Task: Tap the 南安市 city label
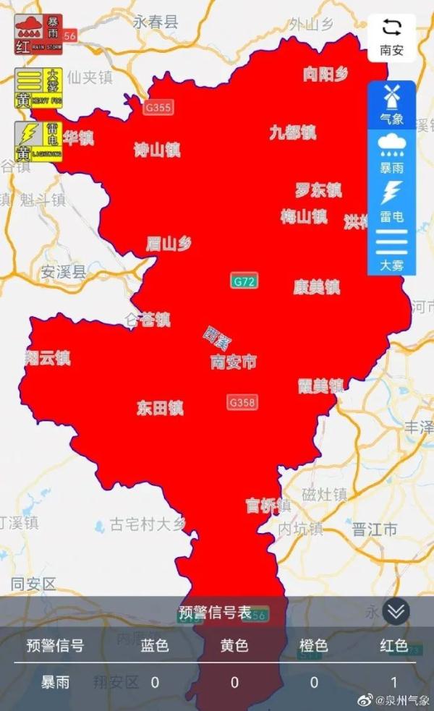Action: pos(233,362)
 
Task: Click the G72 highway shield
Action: pos(244,282)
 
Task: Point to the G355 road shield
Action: pos(158,108)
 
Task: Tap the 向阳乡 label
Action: pos(325,74)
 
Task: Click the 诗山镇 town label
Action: pos(157,150)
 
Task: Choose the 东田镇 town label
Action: pos(160,408)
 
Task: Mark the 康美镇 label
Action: pos(316,287)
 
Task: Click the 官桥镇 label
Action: pos(268,506)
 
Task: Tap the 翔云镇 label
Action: pos(48,357)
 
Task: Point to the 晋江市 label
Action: pos(374,529)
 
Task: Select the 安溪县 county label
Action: pos(64,272)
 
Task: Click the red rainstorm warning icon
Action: pos(39,34)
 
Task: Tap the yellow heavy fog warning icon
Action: pos(39,89)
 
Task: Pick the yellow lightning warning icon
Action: pos(39,141)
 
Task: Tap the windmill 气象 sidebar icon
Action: pos(391,104)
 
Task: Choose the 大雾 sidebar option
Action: pos(391,250)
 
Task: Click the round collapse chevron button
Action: pos(396,611)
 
